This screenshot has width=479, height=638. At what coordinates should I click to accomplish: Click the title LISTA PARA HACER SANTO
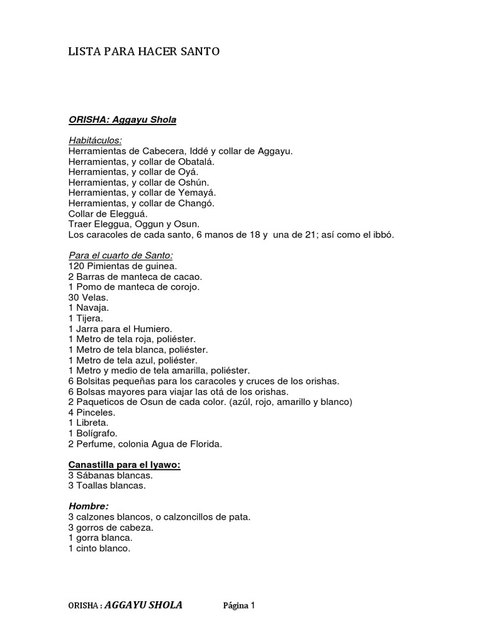143,52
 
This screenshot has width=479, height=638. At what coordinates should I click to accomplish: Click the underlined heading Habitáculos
95,140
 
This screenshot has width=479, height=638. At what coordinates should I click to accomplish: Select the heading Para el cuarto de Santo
120,255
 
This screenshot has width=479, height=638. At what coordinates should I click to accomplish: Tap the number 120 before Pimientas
76,266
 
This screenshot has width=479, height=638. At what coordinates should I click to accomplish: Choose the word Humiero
154,328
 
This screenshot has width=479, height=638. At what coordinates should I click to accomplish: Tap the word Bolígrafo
97,434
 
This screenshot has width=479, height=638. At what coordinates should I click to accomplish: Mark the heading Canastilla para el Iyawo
124,465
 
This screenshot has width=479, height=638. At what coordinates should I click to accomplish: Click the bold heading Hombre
89,506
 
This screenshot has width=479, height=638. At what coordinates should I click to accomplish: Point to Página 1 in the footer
240,606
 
